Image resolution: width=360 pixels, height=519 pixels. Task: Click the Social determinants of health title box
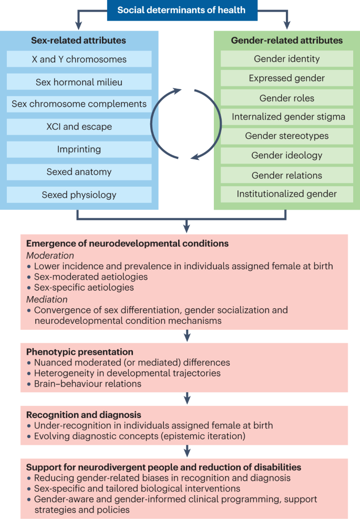click(x=182, y=10)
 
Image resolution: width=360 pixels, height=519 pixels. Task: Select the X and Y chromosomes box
click(x=79, y=59)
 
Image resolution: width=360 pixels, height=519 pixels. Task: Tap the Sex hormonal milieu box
click(x=79, y=82)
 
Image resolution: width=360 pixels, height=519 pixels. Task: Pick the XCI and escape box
click(x=79, y=127)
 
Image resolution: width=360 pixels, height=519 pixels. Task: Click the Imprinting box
click(x=79, y=149)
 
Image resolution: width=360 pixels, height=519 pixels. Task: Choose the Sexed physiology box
click(x=79, y=195)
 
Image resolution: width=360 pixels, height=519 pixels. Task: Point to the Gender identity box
click(x=286, y=59)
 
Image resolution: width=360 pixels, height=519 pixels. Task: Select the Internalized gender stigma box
click(x=286, y=117)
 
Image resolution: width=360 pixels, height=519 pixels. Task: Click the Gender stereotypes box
click(x=286, y=136)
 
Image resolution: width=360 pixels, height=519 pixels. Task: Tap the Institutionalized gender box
click(x=286, y=194)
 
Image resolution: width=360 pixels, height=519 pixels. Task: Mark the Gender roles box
click(x=286, y=98)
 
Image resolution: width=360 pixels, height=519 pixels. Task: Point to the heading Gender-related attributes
click(x=286, y=40)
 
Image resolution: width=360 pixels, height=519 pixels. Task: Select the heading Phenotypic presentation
click(x=79, y=352)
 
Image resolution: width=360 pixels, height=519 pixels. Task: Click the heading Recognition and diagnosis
click(x=84, y=415)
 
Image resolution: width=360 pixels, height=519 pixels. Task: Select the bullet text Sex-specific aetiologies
click(x=84, y=288)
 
